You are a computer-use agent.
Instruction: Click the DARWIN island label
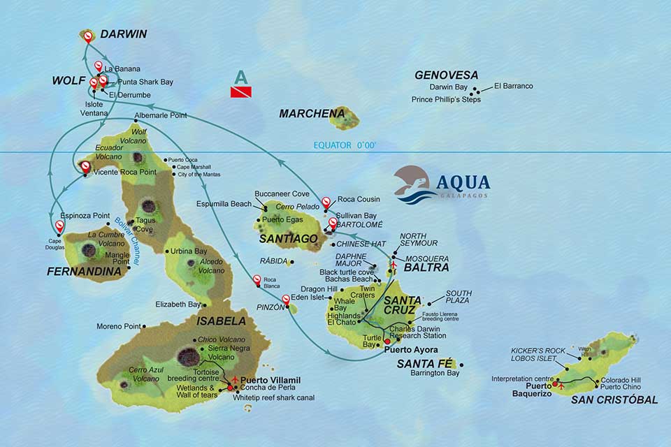point(123,34)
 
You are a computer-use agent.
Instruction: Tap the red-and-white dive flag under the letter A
point(241,91)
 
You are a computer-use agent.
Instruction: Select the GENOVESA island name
point(446,75)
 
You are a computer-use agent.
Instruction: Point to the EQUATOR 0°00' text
point(345,145)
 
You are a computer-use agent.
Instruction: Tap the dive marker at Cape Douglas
point(59,226)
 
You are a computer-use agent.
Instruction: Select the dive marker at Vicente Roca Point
point(85,167)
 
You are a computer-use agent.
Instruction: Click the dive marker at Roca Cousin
point(326,203)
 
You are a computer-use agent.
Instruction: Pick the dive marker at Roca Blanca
point(257,280)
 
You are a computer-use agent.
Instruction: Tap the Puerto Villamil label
point(270,380)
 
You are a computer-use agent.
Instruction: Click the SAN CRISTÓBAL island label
point(614,400)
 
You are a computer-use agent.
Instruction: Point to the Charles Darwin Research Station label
point(417,331)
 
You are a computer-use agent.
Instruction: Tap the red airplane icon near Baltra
point(393,265)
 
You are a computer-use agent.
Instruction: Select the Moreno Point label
point(119,326)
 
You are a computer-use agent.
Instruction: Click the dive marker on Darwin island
point(87,34)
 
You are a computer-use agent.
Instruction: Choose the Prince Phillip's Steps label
point(446,99)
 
